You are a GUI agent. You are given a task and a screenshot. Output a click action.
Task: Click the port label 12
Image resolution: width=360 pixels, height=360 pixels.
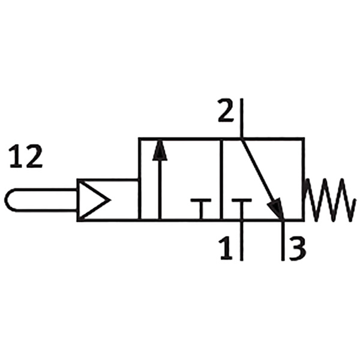click(x=26, y=156)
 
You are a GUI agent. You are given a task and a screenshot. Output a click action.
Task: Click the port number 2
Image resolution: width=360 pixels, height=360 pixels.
click(x=226, y=110)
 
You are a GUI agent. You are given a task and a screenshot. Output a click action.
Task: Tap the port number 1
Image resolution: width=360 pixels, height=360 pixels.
click(x=226, y=248)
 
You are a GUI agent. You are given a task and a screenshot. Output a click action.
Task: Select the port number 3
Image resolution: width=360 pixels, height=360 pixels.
click(x=298, y=249)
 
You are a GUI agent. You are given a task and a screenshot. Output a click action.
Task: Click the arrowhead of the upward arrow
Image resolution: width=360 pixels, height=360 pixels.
click(x=160, y=150)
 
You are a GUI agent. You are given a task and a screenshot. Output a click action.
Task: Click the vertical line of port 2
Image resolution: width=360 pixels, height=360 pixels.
click(x=242, y=118)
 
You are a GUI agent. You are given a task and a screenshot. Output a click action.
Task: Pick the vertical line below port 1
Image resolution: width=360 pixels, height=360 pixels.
click(x=242, y=241)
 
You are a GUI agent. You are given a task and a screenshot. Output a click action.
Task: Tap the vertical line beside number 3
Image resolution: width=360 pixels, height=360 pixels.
click(x=283, y=241)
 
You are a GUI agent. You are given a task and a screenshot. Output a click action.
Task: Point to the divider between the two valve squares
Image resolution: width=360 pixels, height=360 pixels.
click(x=221, y=179)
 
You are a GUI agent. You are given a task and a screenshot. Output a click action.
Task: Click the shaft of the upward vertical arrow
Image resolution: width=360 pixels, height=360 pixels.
click(x=160, y=190)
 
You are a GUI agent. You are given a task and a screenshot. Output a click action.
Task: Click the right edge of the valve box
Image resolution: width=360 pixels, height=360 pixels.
click(x=303, y=179)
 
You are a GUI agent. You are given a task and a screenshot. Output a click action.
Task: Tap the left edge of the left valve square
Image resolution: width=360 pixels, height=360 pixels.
click(x=140, y=179)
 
